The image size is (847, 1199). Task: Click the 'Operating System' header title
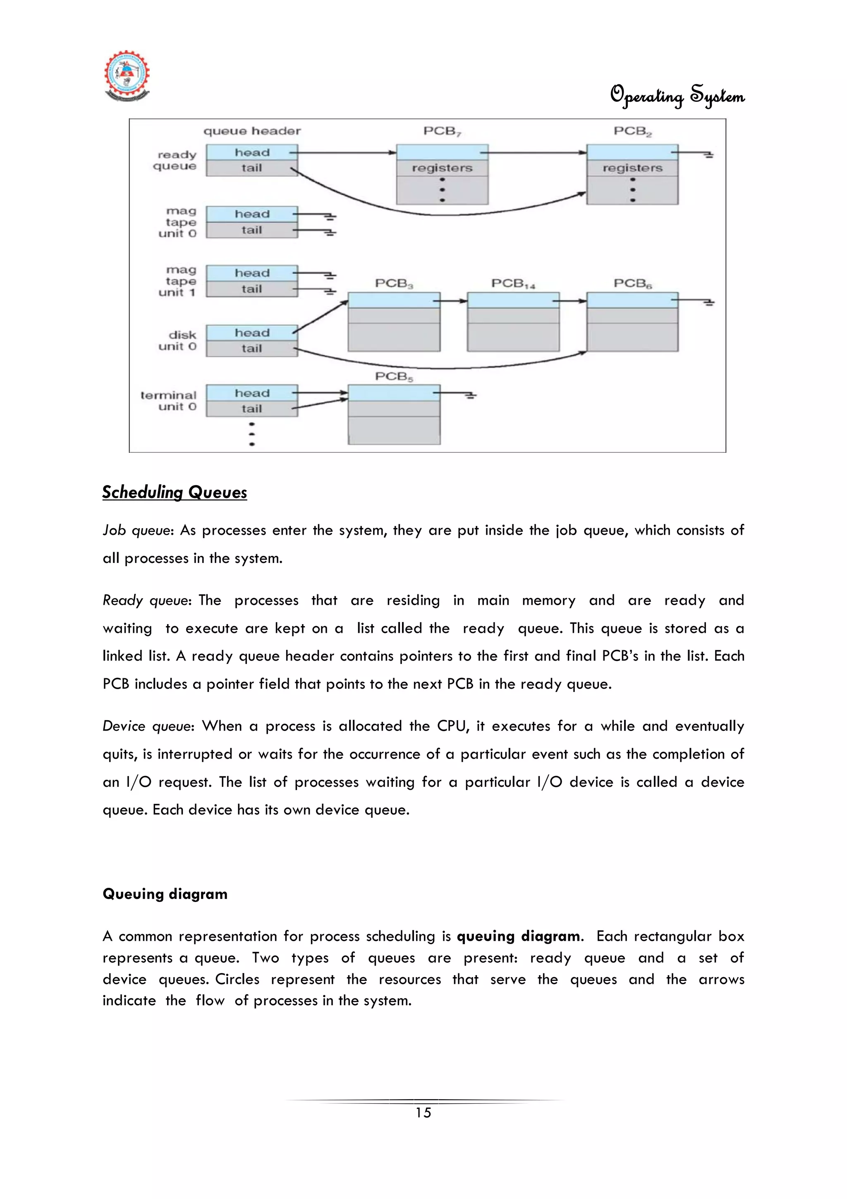click(677, 96)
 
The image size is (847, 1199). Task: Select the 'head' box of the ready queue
click(251, 152)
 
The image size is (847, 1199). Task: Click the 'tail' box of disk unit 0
click(251, 348)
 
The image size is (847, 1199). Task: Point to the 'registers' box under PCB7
click(442, 168)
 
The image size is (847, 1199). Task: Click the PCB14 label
click(513, 284)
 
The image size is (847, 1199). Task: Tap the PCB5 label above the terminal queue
click(394, 377)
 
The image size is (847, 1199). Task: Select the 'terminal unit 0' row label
click(169, 401)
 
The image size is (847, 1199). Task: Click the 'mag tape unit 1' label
click(177, 281)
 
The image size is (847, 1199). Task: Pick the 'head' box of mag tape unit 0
click(251, 214)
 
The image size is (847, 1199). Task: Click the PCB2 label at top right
click(632, 131)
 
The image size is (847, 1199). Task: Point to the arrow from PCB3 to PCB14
click(453, 301)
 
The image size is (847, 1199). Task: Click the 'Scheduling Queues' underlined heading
click(174, 492)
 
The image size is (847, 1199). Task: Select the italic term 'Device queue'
click(148, 726)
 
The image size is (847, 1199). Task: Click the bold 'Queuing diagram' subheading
click(165, 894)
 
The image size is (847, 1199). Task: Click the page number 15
click(423, 1112)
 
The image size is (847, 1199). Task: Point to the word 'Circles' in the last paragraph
click(237, 979)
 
